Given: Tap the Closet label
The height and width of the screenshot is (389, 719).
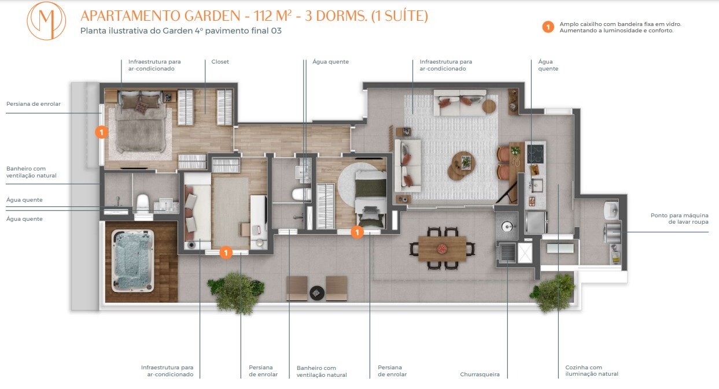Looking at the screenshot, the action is coord(220,62).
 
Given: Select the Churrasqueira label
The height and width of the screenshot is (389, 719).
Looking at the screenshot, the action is coord(480,374).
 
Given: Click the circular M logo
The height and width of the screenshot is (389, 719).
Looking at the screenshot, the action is coord(46,21).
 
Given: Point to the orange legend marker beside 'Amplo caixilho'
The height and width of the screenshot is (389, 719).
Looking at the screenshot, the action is coord(548,27).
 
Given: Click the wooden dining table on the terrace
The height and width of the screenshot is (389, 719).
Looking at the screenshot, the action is coord(443,249).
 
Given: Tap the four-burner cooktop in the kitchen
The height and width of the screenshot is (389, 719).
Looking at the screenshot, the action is coord(535,154).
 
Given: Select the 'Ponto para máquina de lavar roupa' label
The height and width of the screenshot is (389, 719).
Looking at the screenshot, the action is coord(679,218).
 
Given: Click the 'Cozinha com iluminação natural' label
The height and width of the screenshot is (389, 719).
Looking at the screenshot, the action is coord(592,371).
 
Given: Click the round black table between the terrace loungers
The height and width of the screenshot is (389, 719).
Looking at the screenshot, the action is coord(317,293).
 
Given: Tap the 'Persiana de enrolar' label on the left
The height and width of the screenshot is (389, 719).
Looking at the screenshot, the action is coord(34,104).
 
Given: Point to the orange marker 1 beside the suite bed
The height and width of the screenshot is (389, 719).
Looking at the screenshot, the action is coord(101,132).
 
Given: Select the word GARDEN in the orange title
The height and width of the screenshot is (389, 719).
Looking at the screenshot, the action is coord(212,16).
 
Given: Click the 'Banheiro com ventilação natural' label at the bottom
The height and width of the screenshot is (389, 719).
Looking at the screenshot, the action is coord(322,371).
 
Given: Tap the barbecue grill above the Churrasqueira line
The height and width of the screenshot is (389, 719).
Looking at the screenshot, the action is coord(507,252).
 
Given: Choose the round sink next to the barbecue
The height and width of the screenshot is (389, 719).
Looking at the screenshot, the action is coord(507,227).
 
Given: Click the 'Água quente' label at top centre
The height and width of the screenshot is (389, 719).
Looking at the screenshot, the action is coord(330,62).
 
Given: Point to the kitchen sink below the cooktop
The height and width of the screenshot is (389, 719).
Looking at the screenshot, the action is coord(536,185).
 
